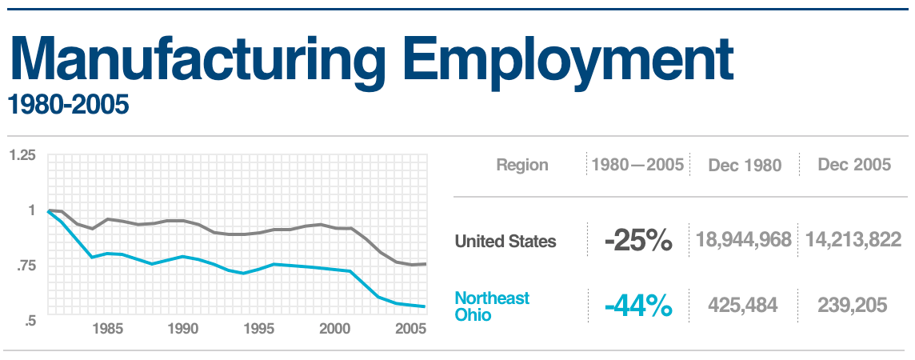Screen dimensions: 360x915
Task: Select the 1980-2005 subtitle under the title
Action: pos(68,105)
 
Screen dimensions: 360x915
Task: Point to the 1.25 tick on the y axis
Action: pos(22,154)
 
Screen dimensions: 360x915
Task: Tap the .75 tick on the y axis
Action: pos(26,266)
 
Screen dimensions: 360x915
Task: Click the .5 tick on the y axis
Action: pos(30,320)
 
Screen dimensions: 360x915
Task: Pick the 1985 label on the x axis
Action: pos(107,329)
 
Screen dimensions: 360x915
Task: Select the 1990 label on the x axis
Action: pos(183,329)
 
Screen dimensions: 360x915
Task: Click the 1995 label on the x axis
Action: pos(259,329)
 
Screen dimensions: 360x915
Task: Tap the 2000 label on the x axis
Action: pos(335,329)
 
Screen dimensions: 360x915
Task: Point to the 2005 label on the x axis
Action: pos(410,329)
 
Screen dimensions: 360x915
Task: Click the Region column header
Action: pos(522,166)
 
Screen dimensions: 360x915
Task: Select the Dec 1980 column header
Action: pos(745,166)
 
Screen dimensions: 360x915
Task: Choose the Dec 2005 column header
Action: pos(854,165)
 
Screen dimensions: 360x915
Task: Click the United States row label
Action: pos(505,241)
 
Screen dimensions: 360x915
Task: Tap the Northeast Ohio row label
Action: pos(492,306)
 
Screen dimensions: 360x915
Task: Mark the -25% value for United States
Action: pos(637,241)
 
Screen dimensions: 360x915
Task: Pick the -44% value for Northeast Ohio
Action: pos(637,306)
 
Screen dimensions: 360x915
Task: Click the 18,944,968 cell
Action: pos(744,241)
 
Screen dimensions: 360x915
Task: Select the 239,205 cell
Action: pos(853,306)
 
